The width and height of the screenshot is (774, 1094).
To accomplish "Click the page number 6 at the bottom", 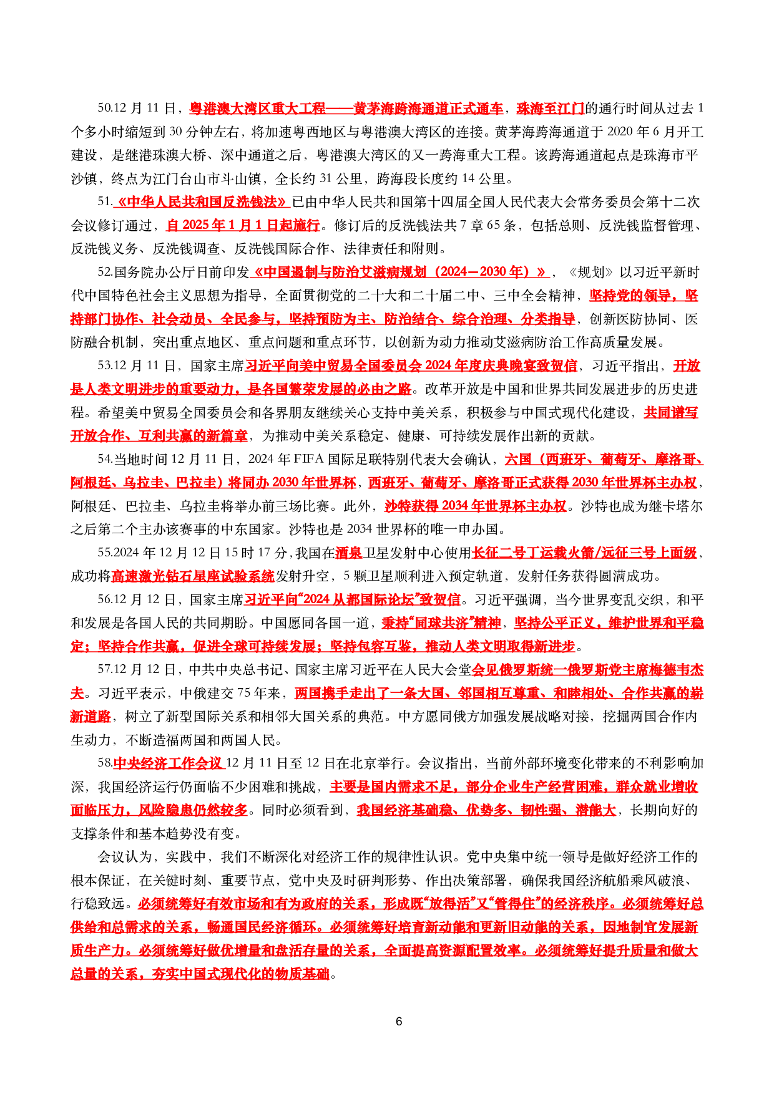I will click(x=399, y=1021).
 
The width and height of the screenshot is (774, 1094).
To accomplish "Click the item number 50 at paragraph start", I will click(x=105, y=109).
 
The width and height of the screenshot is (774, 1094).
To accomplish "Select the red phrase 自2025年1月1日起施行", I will click(x=243, y=225).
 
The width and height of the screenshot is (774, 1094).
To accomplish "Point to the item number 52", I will click(x=105, y=272).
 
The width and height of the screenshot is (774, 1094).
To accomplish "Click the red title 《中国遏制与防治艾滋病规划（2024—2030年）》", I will click(x=401, y=272).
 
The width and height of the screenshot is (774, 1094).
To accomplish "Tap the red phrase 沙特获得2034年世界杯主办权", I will click(x=476, y=506).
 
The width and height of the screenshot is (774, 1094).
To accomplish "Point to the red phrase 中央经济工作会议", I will click(x=169, y=763).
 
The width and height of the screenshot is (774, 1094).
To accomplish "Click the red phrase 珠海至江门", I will click(x=550, y=109).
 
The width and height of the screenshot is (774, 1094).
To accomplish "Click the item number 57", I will click(x=105, y=669).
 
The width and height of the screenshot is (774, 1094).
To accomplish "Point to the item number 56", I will click(x=105, y=599).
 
